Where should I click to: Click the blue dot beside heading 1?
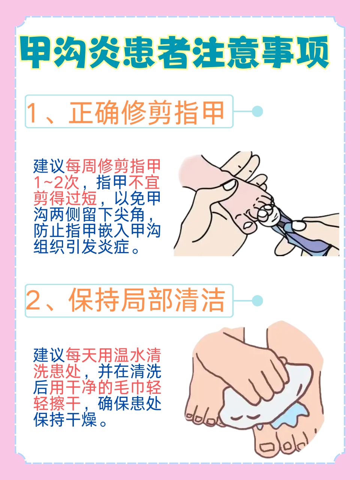pyautogui.click(x=257, y=111)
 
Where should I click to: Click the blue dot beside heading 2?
pyautogui.click(x=257, y=300)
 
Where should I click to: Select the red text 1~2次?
pyautogui.click(x=56, y=183)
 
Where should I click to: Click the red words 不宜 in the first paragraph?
pyautogui.click(x=144, y=183)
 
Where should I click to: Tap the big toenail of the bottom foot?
pyautogui.click(x=267, y=447)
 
